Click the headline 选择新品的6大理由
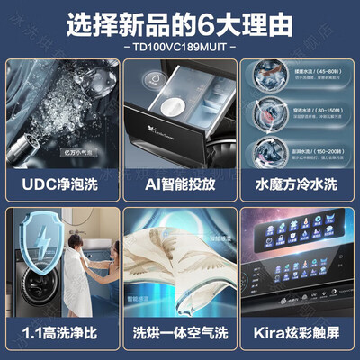tap(179, 20)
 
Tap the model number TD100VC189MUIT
tap(180, 44)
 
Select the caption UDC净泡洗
tap(62, 190)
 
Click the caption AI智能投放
tap(180, 190)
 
